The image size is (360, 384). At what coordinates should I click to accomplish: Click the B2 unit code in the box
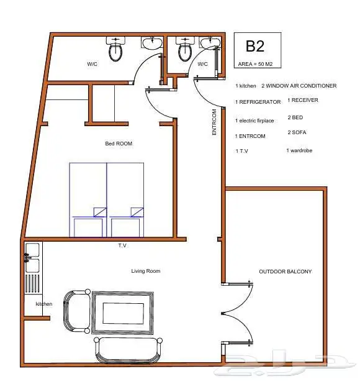(255, 46)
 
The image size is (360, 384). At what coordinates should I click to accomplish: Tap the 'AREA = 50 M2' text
(255, 64)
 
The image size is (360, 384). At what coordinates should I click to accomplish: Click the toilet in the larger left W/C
(115, 49)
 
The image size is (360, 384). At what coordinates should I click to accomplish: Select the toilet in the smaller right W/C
(185, 49)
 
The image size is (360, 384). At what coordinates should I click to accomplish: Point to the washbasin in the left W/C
(152, 43)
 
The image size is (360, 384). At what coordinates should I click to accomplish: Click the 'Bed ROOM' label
(119, 144)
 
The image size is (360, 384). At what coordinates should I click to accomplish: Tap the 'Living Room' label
(146, 271)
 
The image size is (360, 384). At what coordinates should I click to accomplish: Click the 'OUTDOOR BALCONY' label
(285, 272)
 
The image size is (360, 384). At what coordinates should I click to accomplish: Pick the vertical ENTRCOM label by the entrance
(214, 122)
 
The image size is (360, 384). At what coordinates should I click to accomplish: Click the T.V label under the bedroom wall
(122, 245)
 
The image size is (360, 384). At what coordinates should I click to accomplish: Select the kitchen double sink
(32, 258)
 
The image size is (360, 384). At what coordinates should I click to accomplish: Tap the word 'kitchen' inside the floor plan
(44, 304)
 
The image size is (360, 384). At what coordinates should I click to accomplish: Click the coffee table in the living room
(122, 313)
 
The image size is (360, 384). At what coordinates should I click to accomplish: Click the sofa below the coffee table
(128, 350)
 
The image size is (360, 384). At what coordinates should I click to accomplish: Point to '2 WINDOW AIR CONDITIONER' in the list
(299, 86)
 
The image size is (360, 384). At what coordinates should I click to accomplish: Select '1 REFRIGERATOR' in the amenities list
(258, 102)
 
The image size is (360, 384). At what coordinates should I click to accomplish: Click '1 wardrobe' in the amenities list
(299, 150)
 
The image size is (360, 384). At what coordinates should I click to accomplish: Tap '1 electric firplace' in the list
(254, 121)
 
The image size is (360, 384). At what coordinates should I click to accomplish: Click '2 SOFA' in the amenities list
(297, 132)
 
